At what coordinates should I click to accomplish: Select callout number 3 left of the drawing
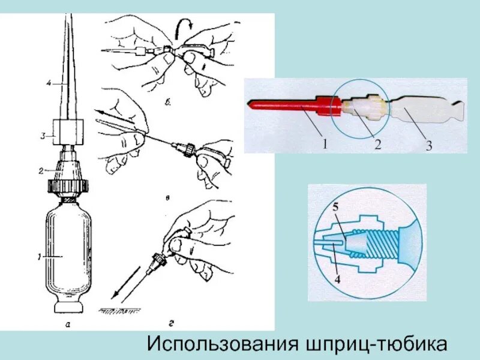[x=42, y=136]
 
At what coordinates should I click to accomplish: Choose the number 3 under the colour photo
[x=430, y=145]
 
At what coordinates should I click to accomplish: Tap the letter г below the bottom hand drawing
[x=171, y=324]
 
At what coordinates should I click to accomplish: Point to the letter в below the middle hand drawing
[x=171, y=196]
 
